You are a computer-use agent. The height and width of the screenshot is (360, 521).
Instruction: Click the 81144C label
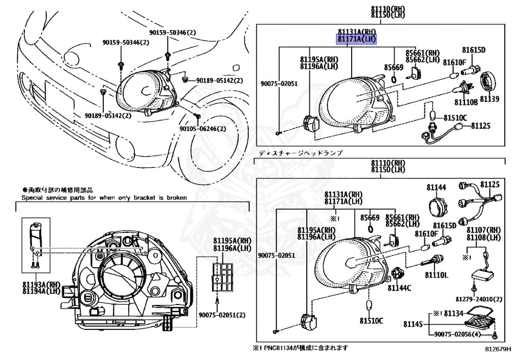pos(399,288)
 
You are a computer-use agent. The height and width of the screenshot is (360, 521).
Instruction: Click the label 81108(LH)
pos(486,237)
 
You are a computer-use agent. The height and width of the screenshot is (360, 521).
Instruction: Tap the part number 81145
pos(413,324)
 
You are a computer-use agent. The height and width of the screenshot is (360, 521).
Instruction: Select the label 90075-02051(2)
pos(222,315)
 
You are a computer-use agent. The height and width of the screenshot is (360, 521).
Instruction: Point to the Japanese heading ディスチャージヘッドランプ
pos(300,153)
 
